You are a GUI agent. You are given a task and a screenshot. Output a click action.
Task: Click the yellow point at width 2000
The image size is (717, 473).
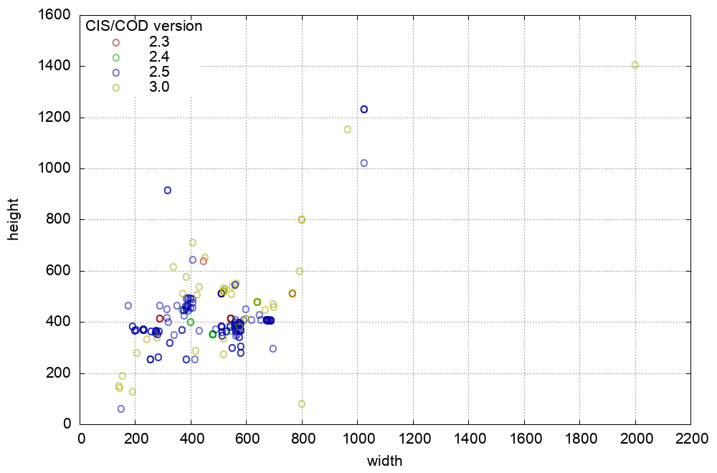[x=635, y=65]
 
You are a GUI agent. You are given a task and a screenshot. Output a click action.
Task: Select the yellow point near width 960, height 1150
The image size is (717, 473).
[x=348, y=130]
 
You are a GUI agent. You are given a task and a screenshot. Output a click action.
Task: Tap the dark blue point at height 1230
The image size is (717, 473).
[x=364, y=110]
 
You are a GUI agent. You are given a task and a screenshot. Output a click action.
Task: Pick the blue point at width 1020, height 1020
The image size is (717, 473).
[x=364, y=163]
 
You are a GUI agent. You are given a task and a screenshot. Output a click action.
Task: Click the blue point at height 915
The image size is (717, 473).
[x=168, y=191]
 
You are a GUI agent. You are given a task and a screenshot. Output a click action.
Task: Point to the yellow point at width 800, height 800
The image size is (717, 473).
[x=302, y=220]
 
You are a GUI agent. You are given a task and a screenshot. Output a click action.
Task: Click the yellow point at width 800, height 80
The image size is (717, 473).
[x=302, y=404]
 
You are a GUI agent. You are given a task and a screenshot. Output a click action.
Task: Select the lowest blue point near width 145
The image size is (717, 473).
[x=121, y=409]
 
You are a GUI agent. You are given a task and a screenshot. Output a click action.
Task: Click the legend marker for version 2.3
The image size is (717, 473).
[x=116, y=42]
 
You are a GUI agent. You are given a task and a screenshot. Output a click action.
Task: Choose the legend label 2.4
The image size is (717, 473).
[x=159, y=57]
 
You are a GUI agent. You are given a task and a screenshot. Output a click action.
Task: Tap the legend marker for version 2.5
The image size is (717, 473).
[x=116, y=72]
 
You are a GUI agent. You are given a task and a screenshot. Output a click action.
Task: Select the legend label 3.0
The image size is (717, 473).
[x=159, y=87]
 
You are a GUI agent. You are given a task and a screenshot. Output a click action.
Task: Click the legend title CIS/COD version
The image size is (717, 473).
[x=143, y=27]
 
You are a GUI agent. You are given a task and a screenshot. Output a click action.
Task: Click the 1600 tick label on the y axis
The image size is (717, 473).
[x=55, y=15]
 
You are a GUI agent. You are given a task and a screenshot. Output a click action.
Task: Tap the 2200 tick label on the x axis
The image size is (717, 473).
[x=691, y=439]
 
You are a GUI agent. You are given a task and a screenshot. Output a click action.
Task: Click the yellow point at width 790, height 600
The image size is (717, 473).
[x=300, y=272]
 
